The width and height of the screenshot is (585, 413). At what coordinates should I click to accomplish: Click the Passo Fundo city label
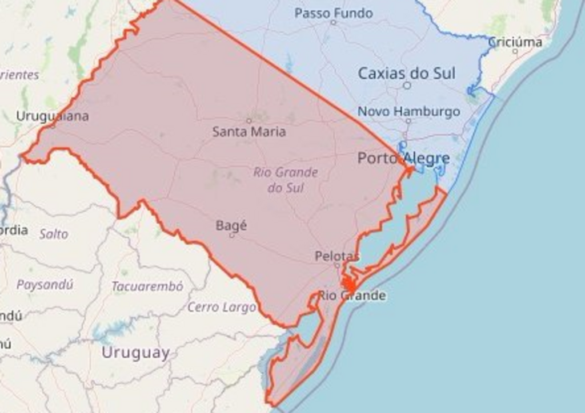click(334, 13)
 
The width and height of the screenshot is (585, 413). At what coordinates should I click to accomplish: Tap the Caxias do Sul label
click(406, 73)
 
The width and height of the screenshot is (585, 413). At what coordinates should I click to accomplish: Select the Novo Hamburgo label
click(408, 111)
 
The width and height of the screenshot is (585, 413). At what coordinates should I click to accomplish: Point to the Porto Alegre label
click(403, 158)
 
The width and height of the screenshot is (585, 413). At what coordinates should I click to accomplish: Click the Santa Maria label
click(249, 132)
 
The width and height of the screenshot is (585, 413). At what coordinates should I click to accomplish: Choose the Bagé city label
click(231, 225)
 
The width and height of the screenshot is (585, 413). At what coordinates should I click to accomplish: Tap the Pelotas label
click(337, 256)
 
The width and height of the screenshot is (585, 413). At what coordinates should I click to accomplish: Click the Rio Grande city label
click(352, 295)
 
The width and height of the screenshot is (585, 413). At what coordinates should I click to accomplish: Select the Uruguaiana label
click(53, 116)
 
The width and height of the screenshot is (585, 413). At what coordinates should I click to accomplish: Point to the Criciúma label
click(515, 42)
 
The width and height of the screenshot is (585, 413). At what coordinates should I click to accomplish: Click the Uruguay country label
click(135, 353)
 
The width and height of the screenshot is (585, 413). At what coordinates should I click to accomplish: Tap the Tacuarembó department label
click(147, 286)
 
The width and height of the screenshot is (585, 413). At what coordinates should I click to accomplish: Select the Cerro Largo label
click(222, 307)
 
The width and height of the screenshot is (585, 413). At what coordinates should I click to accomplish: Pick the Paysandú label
click(45, 285)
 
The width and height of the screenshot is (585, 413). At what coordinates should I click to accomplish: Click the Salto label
click(54, 234)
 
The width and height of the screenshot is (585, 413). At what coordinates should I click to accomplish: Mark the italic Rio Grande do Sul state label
click(285, 180)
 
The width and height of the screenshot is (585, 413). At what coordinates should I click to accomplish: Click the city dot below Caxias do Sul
click(407, 86)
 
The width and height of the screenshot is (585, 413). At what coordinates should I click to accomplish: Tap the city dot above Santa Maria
click(249, 120)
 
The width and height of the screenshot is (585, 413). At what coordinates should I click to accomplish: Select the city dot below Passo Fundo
click(333, 23)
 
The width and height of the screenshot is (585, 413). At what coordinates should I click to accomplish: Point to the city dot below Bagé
click(231, 235)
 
